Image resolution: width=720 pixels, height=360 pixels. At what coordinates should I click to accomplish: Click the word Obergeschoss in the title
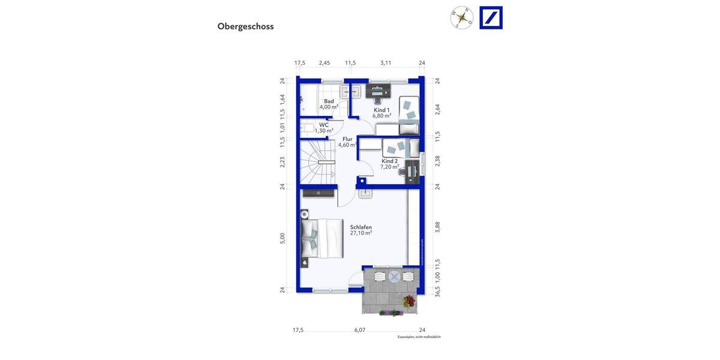245,26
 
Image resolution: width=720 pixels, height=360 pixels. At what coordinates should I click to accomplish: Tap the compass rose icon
462,17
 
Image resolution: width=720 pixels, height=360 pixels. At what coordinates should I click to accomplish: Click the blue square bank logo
491,17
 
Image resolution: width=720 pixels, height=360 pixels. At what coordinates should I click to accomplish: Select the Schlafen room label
361,227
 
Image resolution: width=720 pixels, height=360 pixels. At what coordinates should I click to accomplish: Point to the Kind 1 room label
382,110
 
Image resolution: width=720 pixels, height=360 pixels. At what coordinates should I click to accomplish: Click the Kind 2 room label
389,161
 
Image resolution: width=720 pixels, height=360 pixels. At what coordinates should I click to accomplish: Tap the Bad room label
329,101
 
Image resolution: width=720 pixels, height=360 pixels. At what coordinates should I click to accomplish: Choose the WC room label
324,125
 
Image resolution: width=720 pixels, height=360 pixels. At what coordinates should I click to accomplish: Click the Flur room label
347,139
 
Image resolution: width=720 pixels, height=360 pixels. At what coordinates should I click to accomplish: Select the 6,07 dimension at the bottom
359,330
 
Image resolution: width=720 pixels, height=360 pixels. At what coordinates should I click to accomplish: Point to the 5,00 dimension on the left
283,238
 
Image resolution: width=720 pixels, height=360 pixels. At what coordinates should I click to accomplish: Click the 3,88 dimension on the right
437,226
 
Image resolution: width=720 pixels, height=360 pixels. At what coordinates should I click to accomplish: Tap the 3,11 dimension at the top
386,63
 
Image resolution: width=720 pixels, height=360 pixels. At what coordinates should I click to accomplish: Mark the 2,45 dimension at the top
324,63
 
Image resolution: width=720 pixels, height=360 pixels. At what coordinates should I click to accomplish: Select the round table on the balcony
394,276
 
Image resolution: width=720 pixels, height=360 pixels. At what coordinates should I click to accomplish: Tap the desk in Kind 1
378,91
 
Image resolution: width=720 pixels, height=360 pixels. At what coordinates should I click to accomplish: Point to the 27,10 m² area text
361,233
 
